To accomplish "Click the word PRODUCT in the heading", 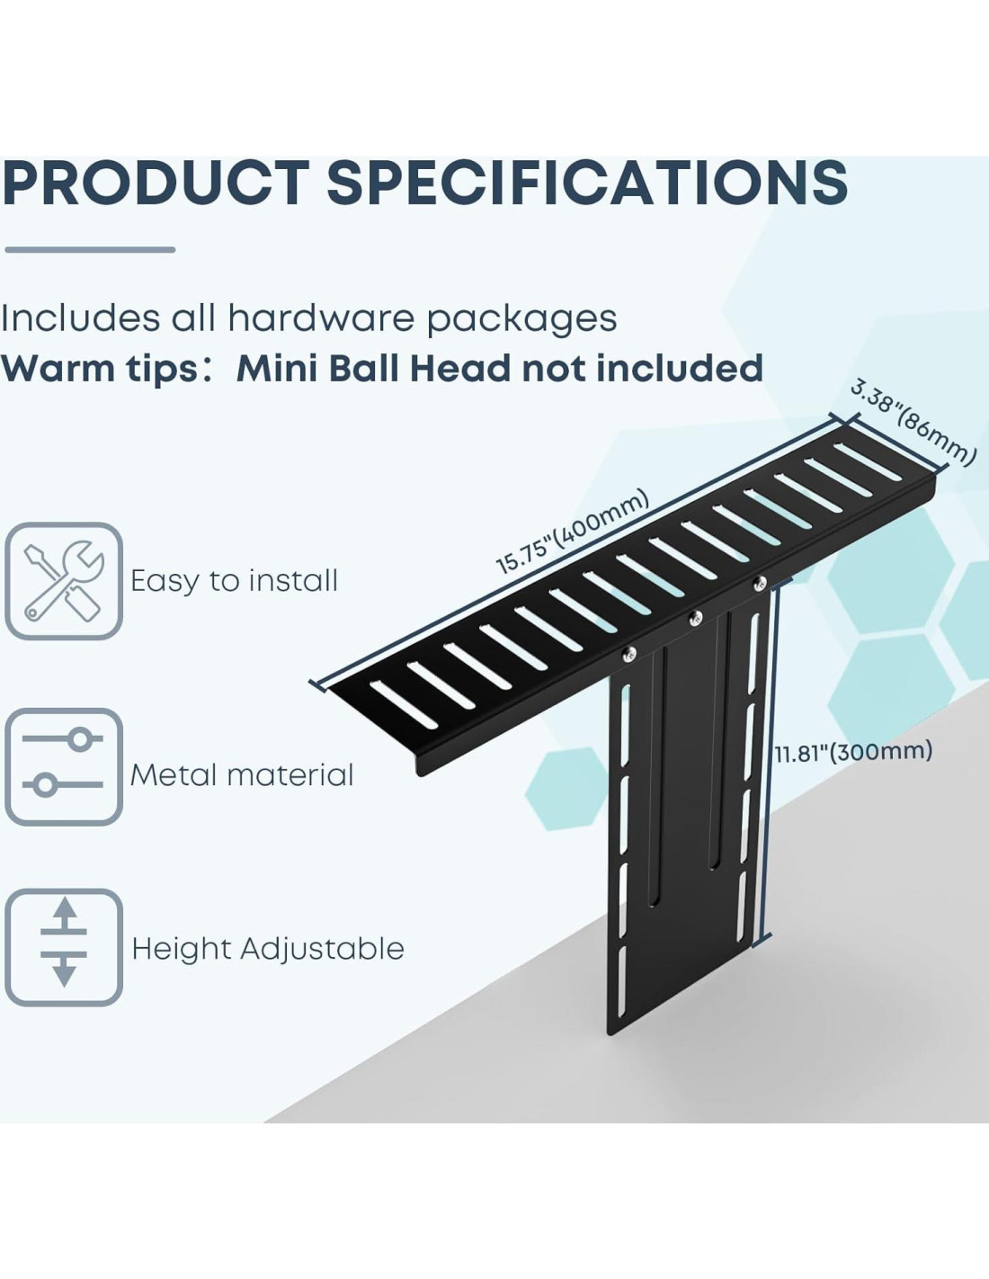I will click(156, 183).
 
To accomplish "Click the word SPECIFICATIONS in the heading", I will click(586, 183).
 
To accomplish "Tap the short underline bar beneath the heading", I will click(90, 250).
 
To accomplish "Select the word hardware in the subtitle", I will click(321, 318).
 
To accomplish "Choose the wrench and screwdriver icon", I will click(64, 581).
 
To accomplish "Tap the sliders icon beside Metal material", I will click(64, 766).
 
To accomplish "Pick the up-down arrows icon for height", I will click(64, 946).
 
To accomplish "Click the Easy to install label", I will click(234, 581).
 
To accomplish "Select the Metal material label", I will click(242, 774).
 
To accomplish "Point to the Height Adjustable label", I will click(268, 948).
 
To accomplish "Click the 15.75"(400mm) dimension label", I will click(572, 532).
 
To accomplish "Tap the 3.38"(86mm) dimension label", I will click(913, 423).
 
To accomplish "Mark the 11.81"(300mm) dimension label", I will click(853, 751).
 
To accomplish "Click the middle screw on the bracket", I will click(694, 618).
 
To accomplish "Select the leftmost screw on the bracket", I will click(629, 654).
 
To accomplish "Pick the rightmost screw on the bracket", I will click(760, 583).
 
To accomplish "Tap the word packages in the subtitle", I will click(521, 318).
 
